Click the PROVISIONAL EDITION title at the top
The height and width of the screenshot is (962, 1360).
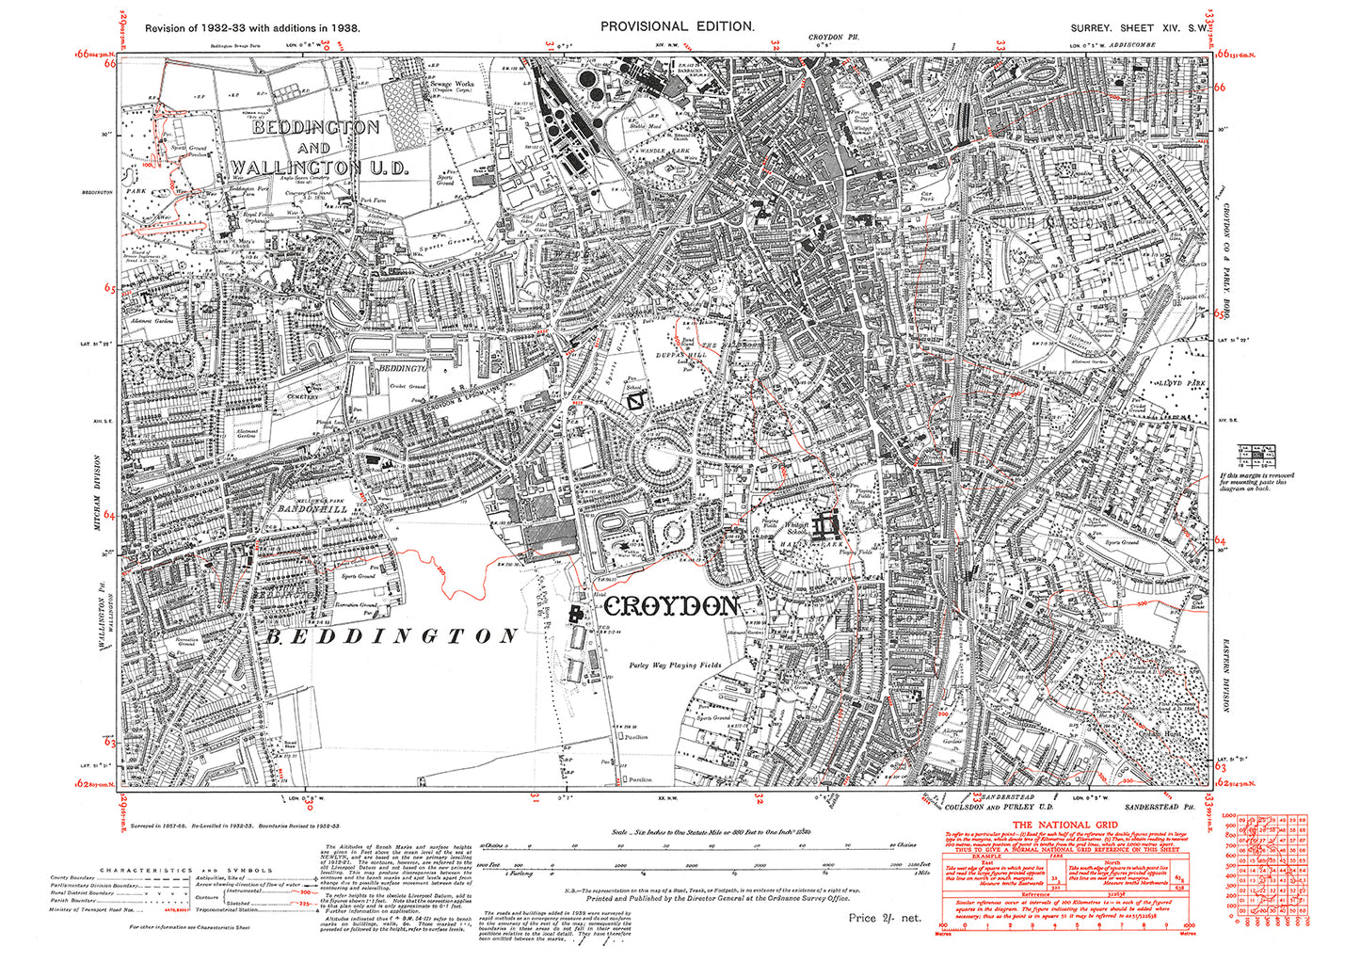[x=677, y=26]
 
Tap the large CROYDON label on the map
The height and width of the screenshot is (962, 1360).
[x=671, y=606]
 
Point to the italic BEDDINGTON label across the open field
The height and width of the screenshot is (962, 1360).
[x=393, y=637]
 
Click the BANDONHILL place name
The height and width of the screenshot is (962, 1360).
[x=312, y=509]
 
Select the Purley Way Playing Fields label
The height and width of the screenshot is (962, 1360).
[x=675, y=665]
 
